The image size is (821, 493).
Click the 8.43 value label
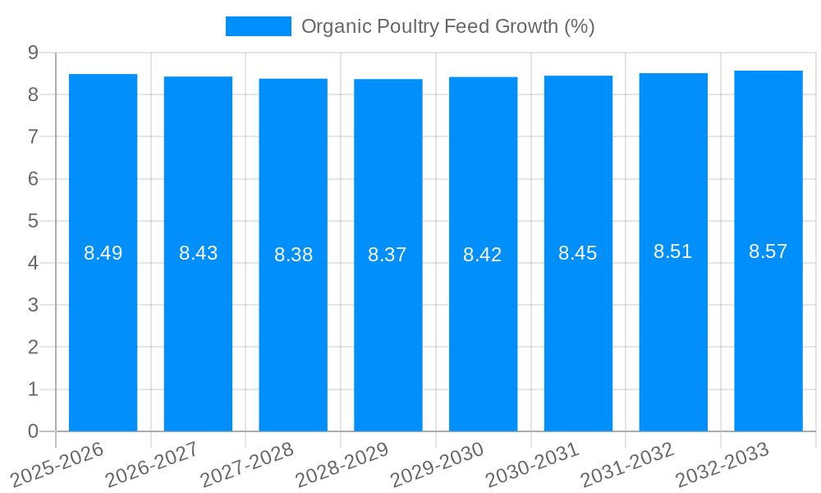[198, 253]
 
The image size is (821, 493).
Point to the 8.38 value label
[293, 255]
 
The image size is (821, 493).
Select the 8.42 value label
[483, 255]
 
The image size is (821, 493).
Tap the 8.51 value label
[673, 252]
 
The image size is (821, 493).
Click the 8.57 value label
[768, 251]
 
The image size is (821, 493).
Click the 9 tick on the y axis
[33, 53]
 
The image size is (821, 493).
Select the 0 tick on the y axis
[33, 431]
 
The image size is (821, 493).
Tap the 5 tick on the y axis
[33, 221]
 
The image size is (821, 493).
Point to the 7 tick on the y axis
[33, 136]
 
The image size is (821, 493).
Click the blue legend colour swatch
[259, 26]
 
